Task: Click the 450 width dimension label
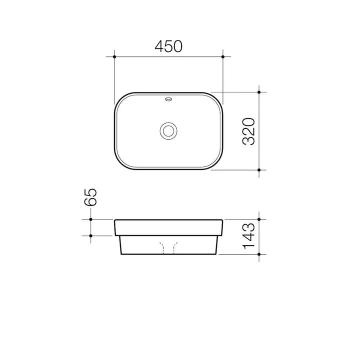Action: tap(168, 46)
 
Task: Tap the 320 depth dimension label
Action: tap(248, 131)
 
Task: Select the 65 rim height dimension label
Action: tap(90, 197)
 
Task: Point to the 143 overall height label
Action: tap(248, 236)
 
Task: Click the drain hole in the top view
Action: tap(168, 131)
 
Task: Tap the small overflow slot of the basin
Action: tap(168, 99)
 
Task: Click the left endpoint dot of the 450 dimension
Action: tap(114, 56)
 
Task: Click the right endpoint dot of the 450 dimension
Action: tap(222, 56)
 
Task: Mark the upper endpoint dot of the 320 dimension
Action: tap(259, 92)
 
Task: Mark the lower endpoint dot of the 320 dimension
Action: tap(259, 170)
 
